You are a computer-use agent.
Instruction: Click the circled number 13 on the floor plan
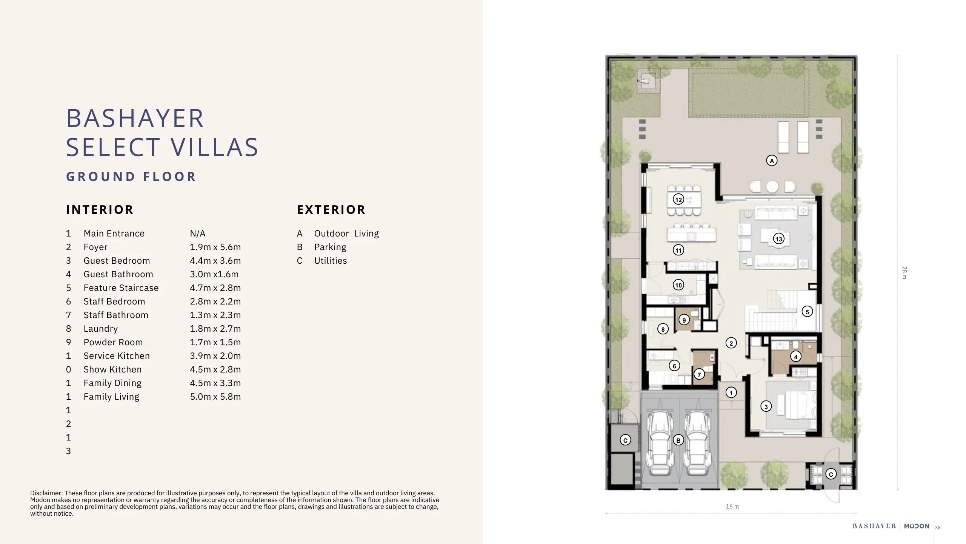point(778,239)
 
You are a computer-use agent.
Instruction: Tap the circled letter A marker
point(772,161)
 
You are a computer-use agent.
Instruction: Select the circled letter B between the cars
point(678,440)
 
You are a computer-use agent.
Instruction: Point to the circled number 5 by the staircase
point(807,312)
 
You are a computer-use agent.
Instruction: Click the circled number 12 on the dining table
point(678,199)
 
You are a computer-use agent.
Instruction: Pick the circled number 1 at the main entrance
point(731,393)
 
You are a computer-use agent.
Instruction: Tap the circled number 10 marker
point(678,285)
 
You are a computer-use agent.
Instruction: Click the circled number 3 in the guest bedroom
point(766,406)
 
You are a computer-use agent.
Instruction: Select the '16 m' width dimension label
point(732,507)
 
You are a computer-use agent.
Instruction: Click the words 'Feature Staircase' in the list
point(121,288)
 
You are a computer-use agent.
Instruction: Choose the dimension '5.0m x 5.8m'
point(215,397)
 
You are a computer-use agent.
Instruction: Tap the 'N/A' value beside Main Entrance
point(198,233)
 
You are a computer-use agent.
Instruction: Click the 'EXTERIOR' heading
point(331,210)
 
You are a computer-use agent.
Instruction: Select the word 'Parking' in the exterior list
point(330,247)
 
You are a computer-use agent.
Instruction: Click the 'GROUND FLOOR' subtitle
point(131,176)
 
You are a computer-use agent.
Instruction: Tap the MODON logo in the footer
point(917,526)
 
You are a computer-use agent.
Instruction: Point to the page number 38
point(938,528)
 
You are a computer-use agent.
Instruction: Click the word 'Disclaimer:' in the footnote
point(47,493)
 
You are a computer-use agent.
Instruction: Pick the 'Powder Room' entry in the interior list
point(113,342)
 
